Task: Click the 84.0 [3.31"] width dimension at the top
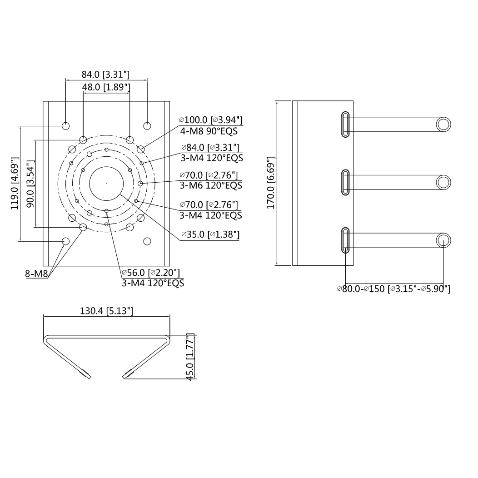click(x=105, y=75)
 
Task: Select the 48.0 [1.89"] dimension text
click(x=106, y=87)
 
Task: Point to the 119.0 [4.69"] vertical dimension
click(x=15, y=183)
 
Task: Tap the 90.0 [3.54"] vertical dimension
click(x=30, y=184)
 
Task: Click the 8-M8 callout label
click(x=37, y=274)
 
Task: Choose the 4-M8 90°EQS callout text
click(x=209, y=131)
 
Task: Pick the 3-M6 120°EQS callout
click(x=211, y=185)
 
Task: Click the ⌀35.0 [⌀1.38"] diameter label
click(x=210, y=234)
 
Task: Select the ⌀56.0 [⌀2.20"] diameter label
click(x=150, y=273)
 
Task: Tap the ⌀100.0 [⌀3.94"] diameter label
click(x=211, y=120)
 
